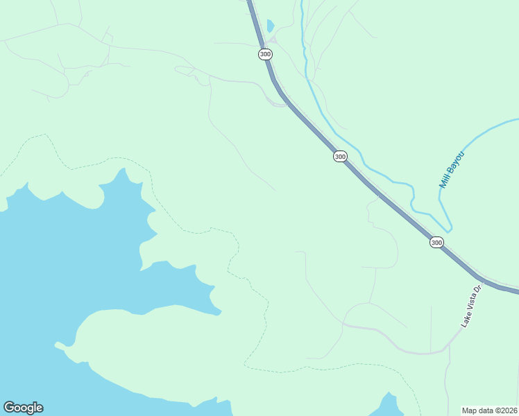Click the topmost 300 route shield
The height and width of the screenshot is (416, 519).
coord(264,54)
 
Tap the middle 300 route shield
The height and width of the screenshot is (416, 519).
coord(339,157)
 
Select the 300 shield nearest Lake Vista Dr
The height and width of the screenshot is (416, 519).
coord(436,242)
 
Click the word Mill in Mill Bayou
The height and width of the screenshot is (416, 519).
coord(445,180)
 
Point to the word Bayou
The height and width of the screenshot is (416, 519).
coord(456,162)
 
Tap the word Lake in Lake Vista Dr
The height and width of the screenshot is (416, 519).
coord(466,320)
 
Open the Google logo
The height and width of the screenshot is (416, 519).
coord(23,408)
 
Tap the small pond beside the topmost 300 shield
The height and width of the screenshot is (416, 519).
coord(270,26)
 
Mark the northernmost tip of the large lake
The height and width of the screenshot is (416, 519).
coord(122,169)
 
